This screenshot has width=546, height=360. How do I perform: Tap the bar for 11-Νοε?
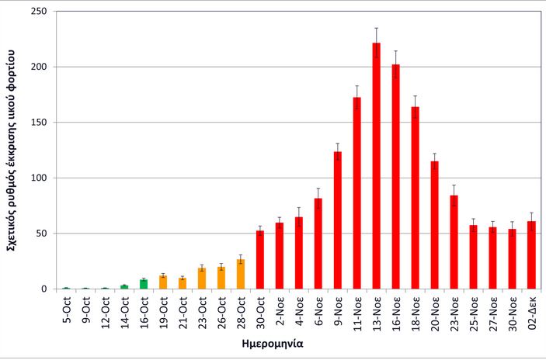click(x=357, y=193)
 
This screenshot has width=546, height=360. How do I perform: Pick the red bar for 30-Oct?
click(x=260, y=260)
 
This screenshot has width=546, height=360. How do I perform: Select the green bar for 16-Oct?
click(x=144, y=285)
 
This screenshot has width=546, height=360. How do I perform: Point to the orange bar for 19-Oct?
click(x=163, y=282)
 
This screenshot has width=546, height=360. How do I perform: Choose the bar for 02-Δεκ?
click(x=531, y=255)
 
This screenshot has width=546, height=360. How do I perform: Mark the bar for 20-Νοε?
click(x=435, y=225)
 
